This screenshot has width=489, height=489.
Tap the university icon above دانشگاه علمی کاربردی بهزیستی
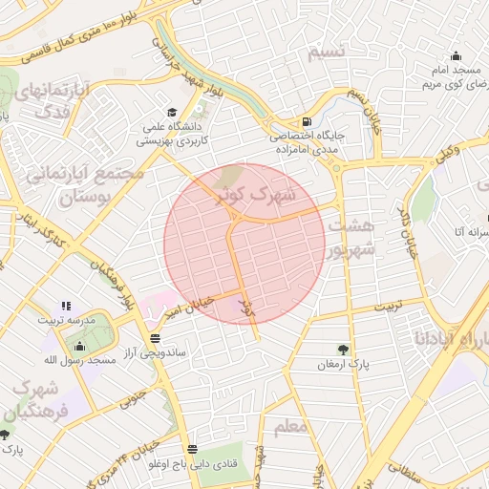171,111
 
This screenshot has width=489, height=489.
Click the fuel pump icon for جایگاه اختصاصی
306,121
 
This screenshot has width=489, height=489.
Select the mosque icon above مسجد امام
456,55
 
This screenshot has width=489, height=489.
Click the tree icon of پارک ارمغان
343,349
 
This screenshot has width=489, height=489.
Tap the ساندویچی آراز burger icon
155,339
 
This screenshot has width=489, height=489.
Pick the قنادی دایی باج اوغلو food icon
193,448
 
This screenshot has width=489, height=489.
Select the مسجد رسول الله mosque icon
78,345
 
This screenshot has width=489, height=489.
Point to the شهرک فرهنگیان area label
37,402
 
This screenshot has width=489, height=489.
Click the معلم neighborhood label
290,426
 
